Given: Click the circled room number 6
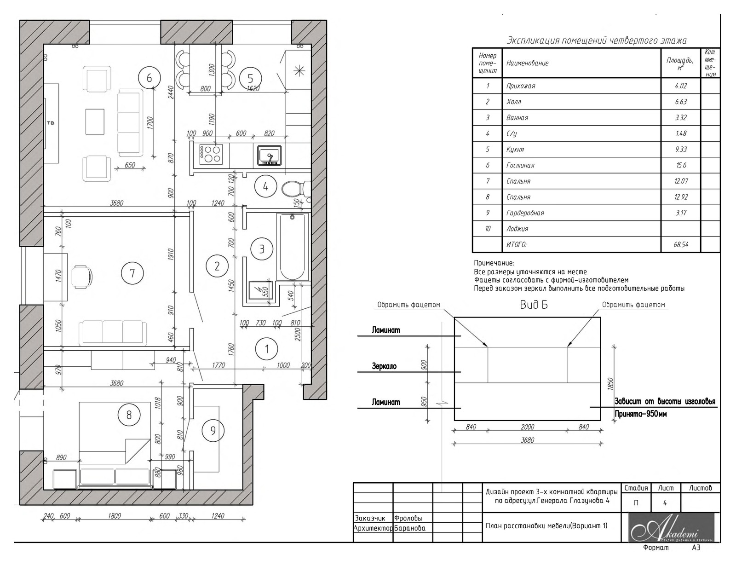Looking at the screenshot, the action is [x=149, y=78].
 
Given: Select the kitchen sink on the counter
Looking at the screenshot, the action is [x=269, y=156].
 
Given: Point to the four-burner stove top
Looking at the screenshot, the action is [x=211, y=155].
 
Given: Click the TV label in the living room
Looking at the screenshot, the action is [x=51, y=123].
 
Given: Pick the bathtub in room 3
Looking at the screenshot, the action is [x=293, y=246].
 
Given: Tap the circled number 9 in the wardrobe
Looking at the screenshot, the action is [x=213, y=431].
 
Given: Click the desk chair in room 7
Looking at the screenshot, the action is [x=81, y=277].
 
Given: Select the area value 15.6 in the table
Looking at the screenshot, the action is [x=681, y=165].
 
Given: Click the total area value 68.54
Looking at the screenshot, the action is [x=681, y=244].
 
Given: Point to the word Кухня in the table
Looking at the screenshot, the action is [x=515, y=150].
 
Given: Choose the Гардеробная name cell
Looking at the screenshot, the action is [x=581, y=213].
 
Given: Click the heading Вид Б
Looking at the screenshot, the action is [x=534, y=305].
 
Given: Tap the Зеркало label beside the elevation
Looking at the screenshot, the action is [x=384, y=366].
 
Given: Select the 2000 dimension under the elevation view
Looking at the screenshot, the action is [x=527, y=427].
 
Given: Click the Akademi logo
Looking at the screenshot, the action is [x=672, y=528].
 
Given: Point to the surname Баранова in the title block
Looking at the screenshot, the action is [x=409, y=528].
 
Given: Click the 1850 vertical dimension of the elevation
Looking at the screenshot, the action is [x=610, y=384].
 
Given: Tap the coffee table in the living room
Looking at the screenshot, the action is [x=95, y=121].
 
